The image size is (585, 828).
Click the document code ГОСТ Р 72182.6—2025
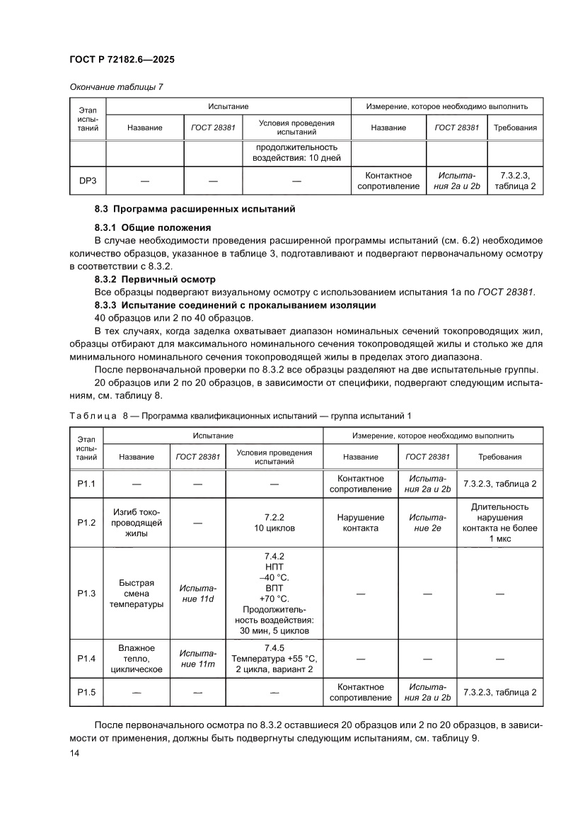[122, 60]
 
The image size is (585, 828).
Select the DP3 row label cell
[87, 181]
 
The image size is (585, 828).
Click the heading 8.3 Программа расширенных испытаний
[195, 210]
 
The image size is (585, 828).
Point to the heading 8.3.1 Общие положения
[153, 227]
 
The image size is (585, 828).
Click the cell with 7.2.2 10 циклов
[274, 523]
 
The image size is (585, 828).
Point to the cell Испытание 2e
[427, 523]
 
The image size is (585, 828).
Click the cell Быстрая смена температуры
[137, 594]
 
